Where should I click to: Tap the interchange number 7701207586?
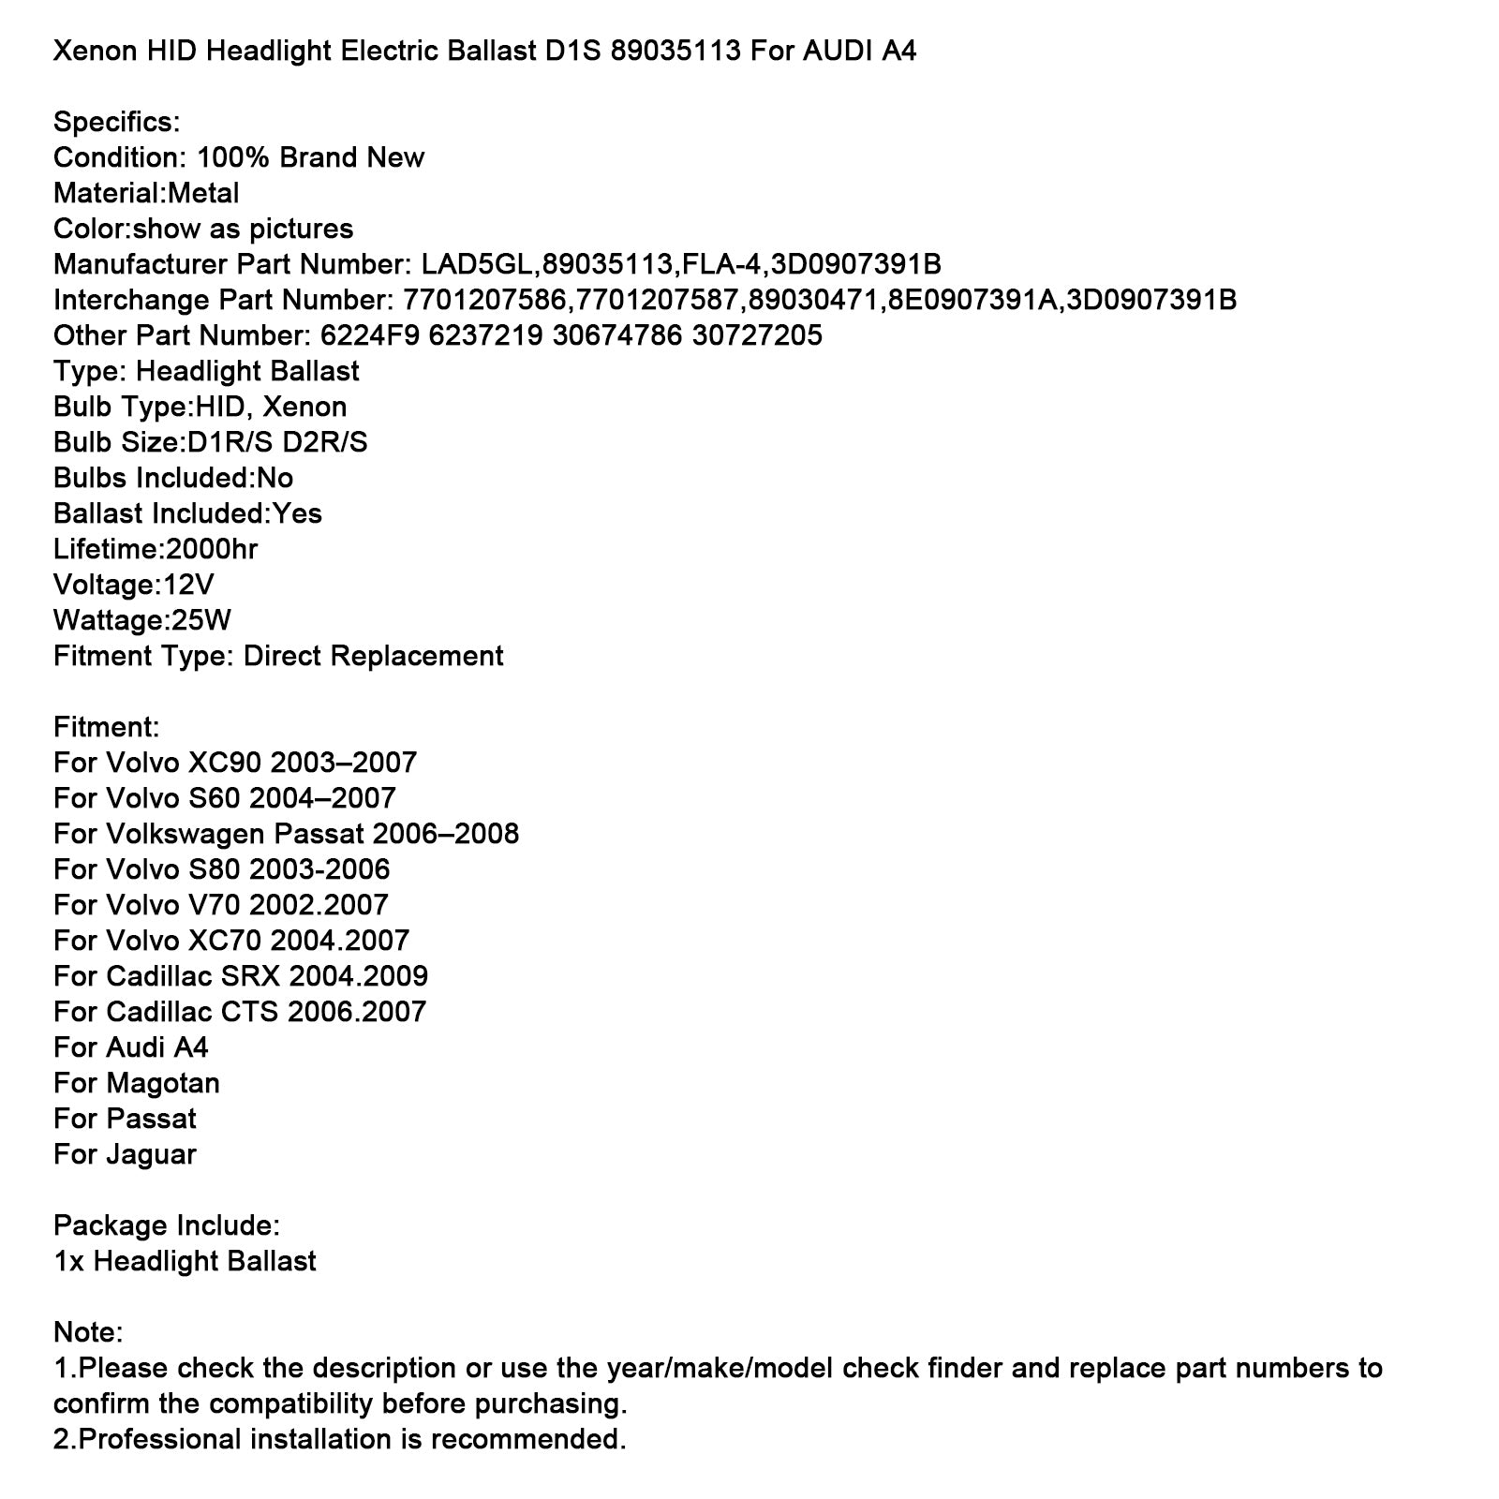(x=483, y=300)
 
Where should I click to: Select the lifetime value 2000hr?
(x=212, y=549)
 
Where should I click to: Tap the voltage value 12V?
(x=189, y=585)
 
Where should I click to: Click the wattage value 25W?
(x=200, y=620)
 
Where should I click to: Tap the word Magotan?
(x=163, y=1083)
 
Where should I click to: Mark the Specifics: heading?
(x=116, y=122)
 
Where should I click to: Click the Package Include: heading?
(x=167, y=1225)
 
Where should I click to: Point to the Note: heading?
(x=88, y=1332)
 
